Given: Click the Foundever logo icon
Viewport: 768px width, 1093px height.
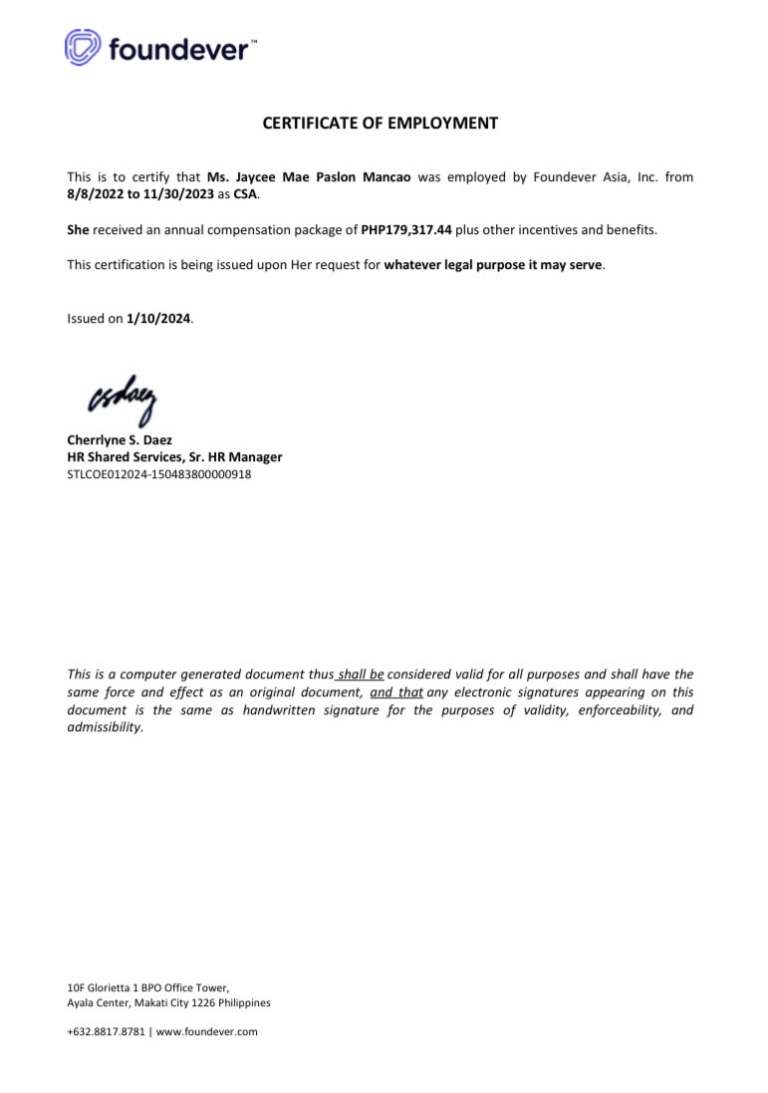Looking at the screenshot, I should tap(83, 47).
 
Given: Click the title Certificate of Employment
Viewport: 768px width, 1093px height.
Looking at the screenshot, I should tap(380, 124).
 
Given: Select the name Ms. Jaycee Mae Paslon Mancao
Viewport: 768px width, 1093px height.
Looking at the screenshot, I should tap(309, 177).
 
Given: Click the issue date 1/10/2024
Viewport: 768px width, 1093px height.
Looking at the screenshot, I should tap(158, 319).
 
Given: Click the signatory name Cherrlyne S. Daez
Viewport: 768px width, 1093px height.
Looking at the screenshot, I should tap(120, 439).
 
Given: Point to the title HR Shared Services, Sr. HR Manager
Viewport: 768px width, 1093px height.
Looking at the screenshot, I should tap(174, 457).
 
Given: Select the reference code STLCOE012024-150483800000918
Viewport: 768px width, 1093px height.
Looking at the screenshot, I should tap(158, 474).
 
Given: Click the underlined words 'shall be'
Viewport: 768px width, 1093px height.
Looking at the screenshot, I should tap(361, 675).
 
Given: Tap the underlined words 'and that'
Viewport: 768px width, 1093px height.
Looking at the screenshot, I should tap(396, 691).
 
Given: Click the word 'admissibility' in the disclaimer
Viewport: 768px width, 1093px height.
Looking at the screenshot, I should tap(105, 726).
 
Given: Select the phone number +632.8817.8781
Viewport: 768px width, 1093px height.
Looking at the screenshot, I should tap(105, 1032).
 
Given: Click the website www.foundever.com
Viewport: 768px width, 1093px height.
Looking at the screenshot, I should tap(207, 1032).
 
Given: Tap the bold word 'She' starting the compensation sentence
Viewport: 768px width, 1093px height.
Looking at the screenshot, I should tap(78, 230).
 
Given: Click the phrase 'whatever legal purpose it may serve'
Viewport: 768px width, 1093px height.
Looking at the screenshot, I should tap(493, 265).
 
